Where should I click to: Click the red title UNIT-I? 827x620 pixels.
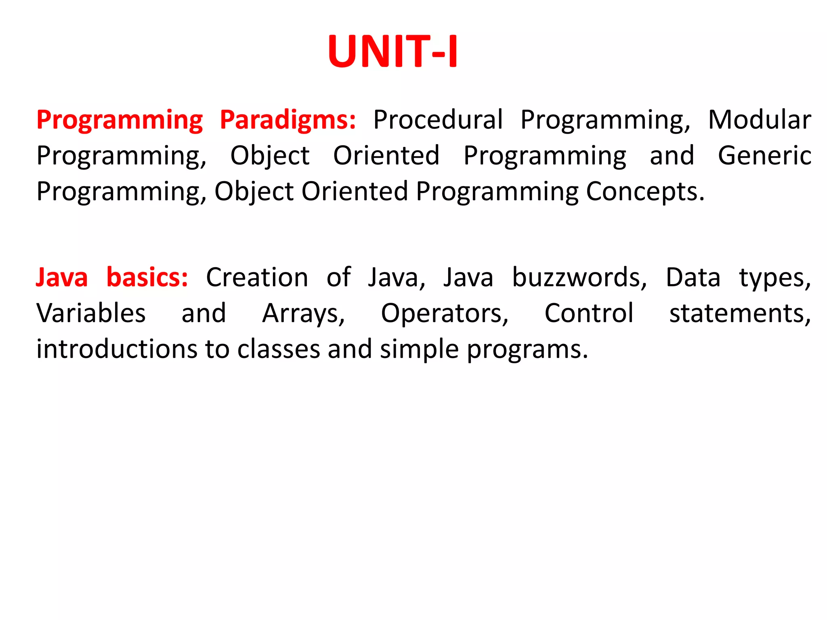(x=393, y=52)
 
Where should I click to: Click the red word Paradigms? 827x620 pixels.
(x=288, y=120)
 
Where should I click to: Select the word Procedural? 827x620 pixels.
(x=438, y=120)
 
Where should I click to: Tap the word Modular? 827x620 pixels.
(x=759, y=120)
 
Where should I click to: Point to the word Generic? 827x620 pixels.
(x=764, y=156)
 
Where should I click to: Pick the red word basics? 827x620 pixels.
(x=147, y=278)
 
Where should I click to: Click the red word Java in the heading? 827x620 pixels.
(x=62, y=278)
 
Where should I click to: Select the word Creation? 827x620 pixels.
(x=257, y=278)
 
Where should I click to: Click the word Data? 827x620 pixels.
(x=693, y=278)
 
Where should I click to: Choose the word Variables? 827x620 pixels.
(x=91, y=313)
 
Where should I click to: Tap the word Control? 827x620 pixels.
(x=589, y=313)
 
